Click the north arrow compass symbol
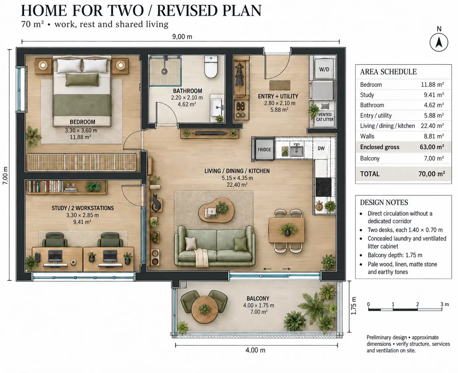[439, 43]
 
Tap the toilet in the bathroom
[211, 67]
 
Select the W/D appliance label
[324, 69]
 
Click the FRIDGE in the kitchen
[264, 150]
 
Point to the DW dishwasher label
[321, 148]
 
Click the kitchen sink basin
[297, 151]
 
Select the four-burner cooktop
[323, 187]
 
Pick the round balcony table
[205, 310]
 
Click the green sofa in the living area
[215, 246]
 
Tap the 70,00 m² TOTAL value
[432, 174]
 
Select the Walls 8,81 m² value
[434, 136]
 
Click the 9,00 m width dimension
[182, 37]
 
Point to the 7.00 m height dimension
[5, 175]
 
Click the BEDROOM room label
[82, 122]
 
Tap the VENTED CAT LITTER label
[325, 117]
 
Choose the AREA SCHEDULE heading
[388, 72]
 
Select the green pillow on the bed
[82, 80]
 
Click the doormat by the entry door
[279, 85]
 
